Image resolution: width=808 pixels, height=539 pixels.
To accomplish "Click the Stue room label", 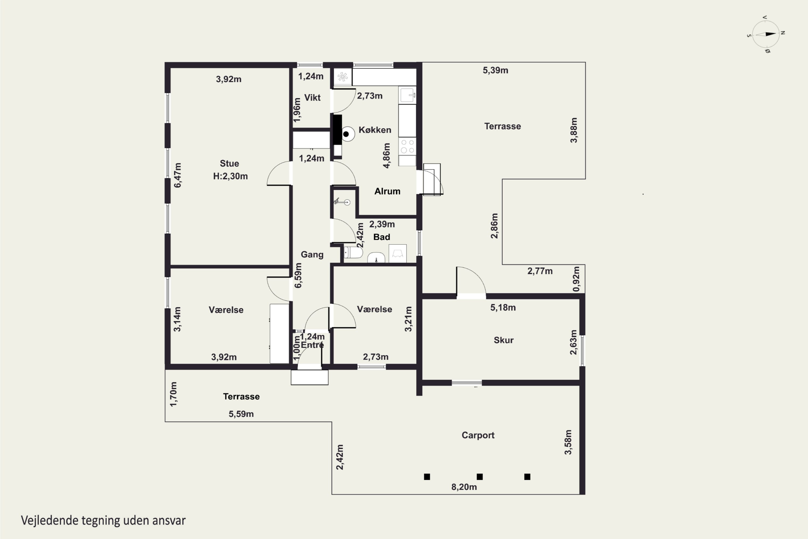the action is pos(229,164).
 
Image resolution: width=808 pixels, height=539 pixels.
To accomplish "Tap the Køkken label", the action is pos(375,130).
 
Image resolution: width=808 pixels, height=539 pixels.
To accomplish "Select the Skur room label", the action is pos(504,340).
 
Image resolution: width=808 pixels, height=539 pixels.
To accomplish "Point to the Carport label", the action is pos(478,435).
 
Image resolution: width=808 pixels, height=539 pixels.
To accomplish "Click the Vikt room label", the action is pos(312,98).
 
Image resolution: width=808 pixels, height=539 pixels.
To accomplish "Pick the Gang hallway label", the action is pos(312,255).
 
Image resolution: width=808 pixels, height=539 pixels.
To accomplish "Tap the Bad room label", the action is pos(382,237).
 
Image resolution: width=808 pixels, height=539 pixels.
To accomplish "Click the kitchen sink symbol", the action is pos(408,95).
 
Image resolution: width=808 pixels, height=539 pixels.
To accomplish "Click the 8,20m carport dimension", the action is pos(464,487).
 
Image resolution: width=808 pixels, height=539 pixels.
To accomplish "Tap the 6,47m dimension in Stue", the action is pos(177,175).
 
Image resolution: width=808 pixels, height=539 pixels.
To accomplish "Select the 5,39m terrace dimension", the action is pos(495,70).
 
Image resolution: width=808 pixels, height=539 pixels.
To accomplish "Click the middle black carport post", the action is pos(480,477).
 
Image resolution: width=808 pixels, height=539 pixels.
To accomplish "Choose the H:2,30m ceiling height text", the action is pos(230,176).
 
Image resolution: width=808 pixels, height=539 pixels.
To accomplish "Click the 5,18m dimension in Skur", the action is pos(503,308).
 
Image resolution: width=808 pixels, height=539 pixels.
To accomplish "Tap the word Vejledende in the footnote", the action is pos(50,520).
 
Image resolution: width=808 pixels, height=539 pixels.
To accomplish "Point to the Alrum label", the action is pos(387,191).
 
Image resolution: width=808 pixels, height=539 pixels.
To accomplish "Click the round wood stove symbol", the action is pos(348,134).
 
